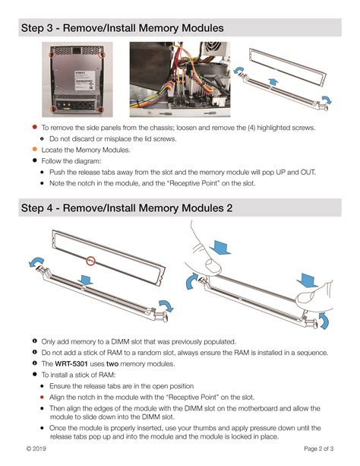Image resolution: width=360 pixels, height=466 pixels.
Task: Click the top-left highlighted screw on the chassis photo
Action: pos(52,55)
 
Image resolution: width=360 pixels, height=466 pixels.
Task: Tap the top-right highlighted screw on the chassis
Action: pos(103,55)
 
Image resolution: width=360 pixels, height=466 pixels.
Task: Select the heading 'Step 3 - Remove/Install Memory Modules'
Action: pos(122,28)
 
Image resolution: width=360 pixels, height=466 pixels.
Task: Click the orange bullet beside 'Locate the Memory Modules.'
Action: pos(35,150)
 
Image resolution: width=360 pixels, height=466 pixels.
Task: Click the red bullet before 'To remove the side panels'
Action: pos(35,128)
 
